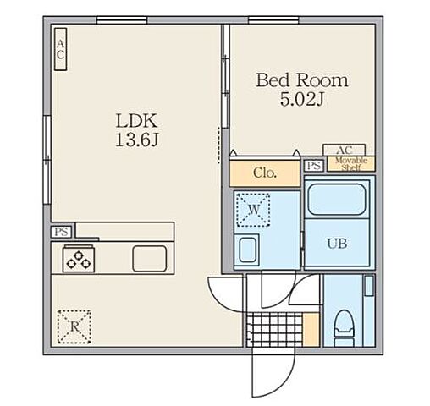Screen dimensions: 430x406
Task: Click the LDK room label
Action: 136,121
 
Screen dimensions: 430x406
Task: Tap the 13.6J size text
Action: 137,140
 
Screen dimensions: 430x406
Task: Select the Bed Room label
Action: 302,80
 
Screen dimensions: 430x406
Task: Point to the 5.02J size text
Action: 302,99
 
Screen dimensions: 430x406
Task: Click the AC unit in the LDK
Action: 60,49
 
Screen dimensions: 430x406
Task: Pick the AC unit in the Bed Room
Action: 345,150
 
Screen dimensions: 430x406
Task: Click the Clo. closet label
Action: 265,173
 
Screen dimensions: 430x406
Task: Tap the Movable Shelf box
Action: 351,164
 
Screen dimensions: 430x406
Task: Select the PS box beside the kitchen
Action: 62,232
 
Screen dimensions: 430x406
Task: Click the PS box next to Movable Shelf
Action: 314,166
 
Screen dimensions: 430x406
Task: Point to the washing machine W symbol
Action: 253,210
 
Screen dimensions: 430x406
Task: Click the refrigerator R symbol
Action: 74,327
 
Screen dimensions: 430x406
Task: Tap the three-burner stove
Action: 79,259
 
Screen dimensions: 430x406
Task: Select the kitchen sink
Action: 150,259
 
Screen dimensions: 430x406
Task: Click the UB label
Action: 337,244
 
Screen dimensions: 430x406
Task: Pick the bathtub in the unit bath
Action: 337,200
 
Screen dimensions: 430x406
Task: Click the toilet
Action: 345,328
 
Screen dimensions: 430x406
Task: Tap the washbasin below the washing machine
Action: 248,250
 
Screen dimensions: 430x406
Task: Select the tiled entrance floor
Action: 274,330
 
